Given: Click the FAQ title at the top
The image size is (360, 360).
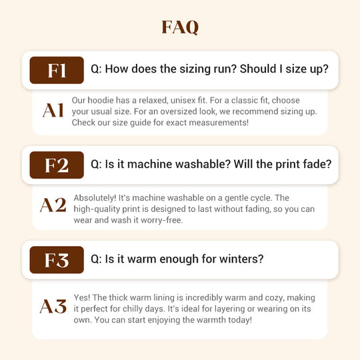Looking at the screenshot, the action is [x=180, y=27].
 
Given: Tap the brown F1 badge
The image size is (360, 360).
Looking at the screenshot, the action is [x=57, y=70].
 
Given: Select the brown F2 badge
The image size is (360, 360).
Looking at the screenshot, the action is [x=57, y=165].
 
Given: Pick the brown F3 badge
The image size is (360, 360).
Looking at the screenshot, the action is [x=57, y=260].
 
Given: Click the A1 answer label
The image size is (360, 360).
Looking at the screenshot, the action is [x=53, y=111].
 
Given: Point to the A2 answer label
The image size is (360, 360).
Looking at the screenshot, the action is [x=53, y=205].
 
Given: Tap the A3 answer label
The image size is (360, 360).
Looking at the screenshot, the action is [x=53, y=306].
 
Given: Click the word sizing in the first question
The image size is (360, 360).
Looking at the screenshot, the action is [x=194, y=69].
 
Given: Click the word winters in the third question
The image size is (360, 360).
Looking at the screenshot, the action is [x=241, y=259].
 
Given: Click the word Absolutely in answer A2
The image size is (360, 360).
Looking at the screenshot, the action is [x=95, y=198].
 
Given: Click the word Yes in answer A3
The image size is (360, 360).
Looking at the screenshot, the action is [x=82, y=297].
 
